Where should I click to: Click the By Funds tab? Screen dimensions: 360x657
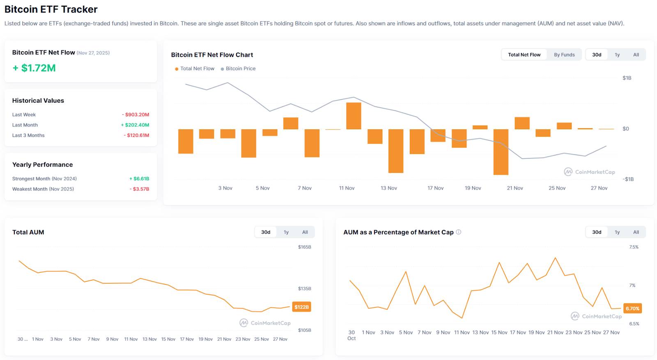coord(564,55)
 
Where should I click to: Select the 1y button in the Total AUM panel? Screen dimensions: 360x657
coord(286,232)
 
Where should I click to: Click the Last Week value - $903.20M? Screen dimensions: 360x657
coord(136,115)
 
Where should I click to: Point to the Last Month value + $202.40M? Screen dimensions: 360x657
coord(135,125)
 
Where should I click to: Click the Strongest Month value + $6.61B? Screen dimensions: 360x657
coord(139,179)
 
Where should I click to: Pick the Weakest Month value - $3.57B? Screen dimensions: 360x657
coord(140,189)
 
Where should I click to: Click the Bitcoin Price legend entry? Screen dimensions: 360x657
coord(240,69)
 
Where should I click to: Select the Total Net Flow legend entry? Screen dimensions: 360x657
coord(197,69)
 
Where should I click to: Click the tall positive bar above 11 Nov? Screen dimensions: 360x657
coord(354,116)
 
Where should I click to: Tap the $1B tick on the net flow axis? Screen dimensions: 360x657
coord(627,78)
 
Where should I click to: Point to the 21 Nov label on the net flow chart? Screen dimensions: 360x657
coord(515,188)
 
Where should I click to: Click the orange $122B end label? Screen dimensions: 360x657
coord(301,307)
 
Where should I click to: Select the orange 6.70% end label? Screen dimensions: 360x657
coord(632,308)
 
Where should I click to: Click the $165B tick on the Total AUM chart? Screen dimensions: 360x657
coord(304,247)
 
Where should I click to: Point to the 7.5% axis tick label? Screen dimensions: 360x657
coord(634,247)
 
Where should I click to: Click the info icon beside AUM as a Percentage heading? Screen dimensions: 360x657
coord(459,232)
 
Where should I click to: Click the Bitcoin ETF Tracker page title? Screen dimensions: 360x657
coord(51,9)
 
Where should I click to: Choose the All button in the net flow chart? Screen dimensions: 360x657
coord(636,55)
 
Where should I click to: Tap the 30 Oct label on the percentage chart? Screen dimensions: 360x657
coord(351,335)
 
